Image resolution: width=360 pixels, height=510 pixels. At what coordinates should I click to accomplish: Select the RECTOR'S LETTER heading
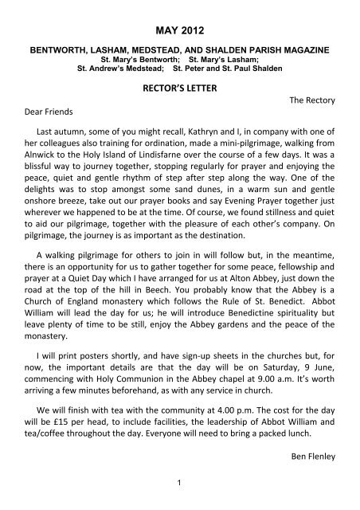179,92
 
